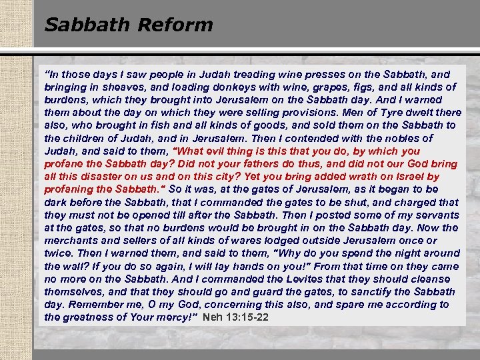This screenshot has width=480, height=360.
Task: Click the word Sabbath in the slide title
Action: click(88, 25)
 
